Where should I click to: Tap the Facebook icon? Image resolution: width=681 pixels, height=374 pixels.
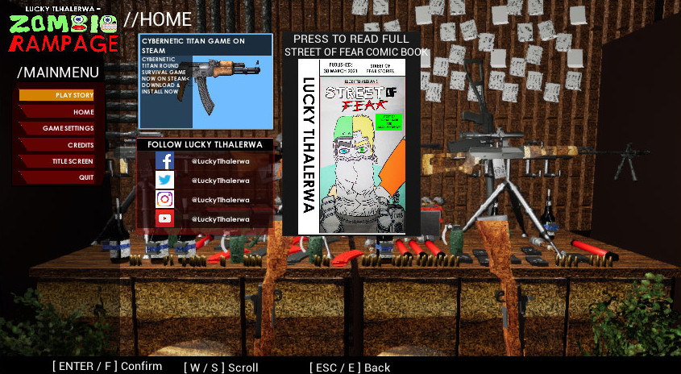tap(164, 161)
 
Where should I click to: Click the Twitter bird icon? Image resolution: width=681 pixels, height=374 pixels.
tap(164, 181)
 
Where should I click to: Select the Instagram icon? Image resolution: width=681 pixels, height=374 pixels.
tap(164, 200)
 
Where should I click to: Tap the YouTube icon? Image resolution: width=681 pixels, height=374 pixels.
tap(164, 218)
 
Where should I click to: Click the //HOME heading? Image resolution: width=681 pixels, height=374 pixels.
tap(158, 19)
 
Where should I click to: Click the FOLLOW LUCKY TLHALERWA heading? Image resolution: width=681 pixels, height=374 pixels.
tap(205, 144)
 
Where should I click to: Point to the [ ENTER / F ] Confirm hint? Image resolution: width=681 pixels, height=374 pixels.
tap(107, 367)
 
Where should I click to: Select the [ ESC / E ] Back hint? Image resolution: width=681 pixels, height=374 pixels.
tap(349, 368)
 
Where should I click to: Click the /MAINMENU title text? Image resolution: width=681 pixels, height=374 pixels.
tap(58, 73)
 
